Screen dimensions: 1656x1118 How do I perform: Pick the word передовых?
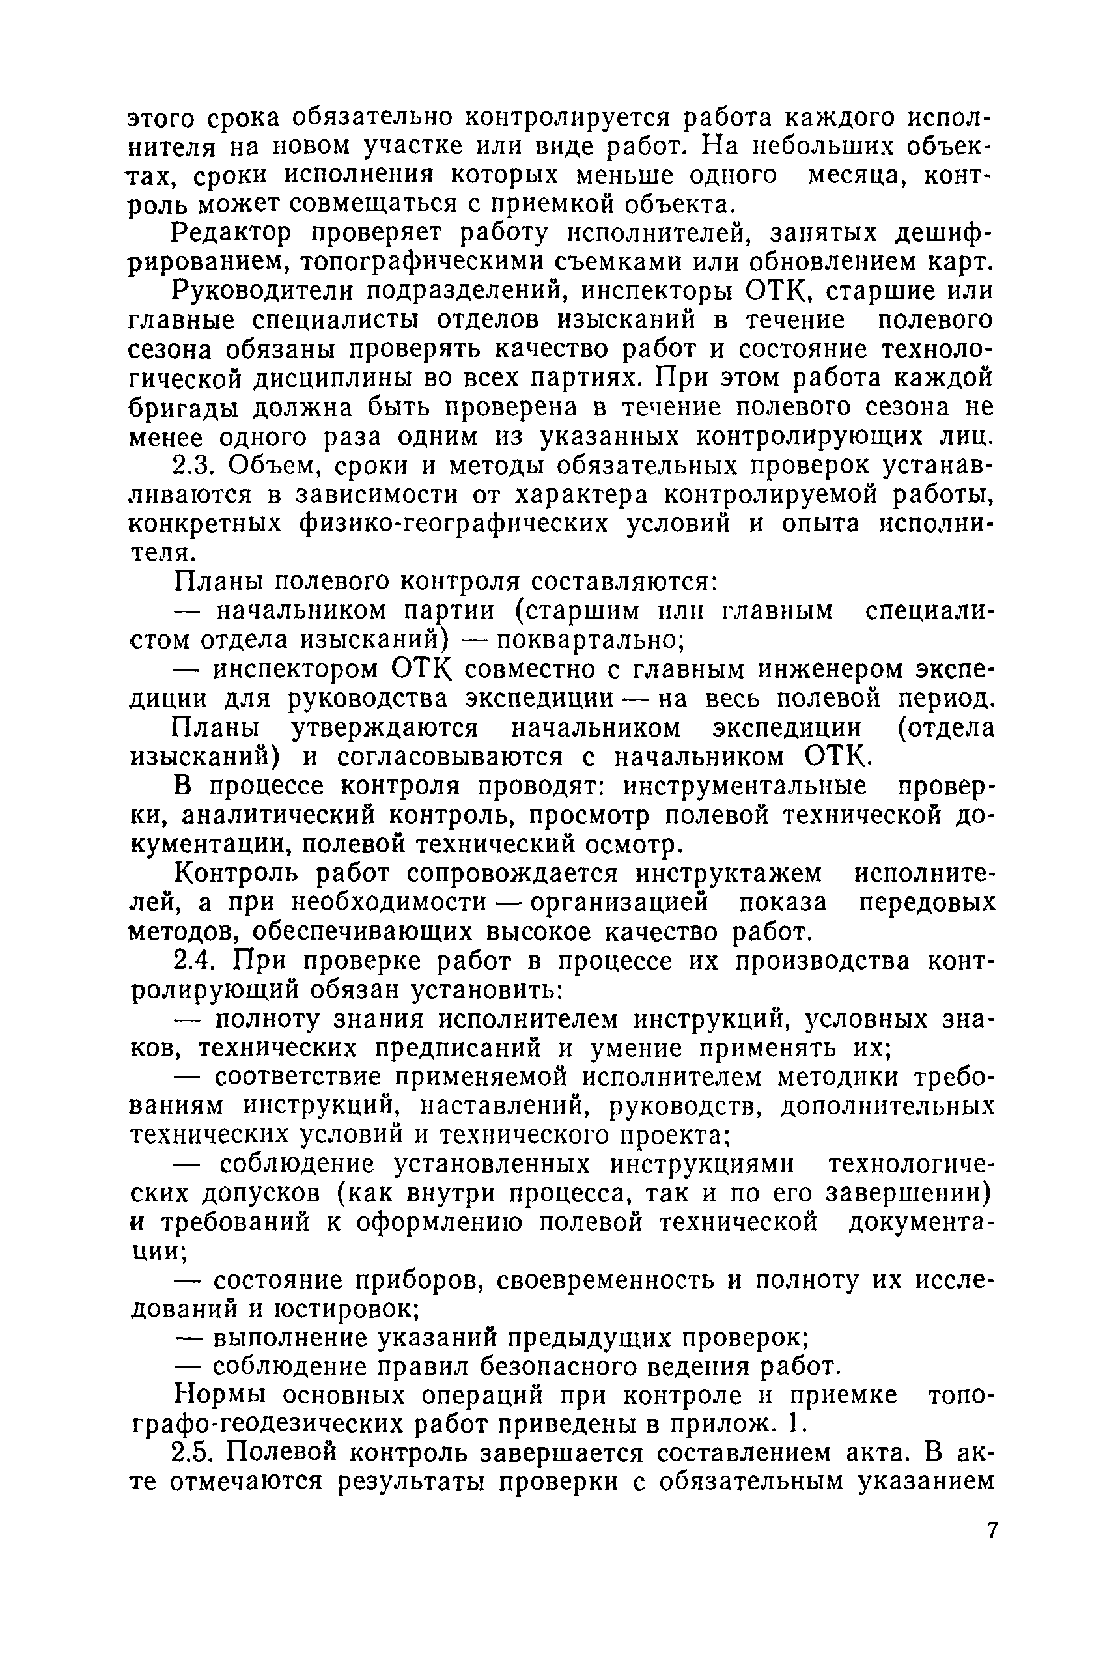(x=926, y=902)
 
